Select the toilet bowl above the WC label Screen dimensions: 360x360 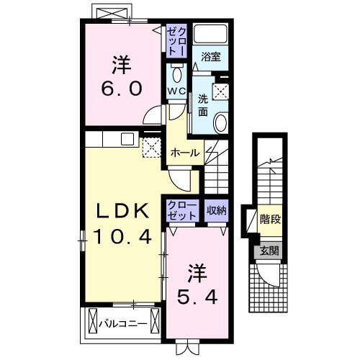coord(177,74)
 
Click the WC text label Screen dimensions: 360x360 coord(177,91)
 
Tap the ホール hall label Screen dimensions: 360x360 coord(185,153)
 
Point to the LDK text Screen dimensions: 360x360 coord(123,210)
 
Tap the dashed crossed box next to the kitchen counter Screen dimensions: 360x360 coord(152,148)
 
